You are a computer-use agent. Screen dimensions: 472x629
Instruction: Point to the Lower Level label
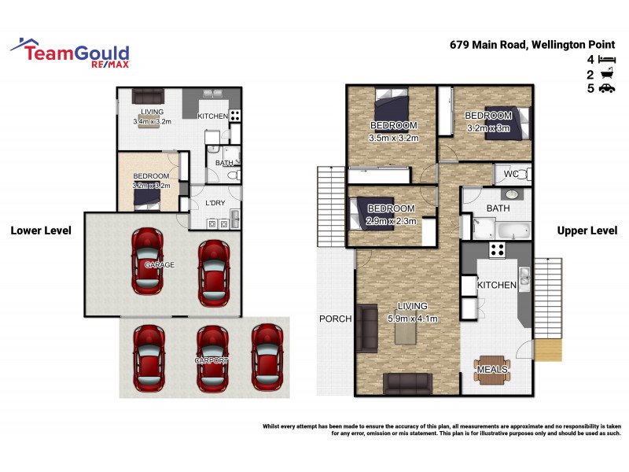41,230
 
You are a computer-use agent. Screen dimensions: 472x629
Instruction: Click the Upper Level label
587,230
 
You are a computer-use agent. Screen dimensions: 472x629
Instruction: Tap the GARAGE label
160,265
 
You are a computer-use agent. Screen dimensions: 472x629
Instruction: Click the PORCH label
335,319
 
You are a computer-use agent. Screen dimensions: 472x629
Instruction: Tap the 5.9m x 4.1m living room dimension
413,319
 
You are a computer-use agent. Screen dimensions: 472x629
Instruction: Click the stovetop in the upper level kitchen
497,250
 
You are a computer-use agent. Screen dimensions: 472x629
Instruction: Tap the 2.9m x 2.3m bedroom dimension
391,221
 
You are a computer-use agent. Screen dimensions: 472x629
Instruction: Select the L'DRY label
215,204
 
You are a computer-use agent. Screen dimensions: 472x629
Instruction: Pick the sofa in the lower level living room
148,96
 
